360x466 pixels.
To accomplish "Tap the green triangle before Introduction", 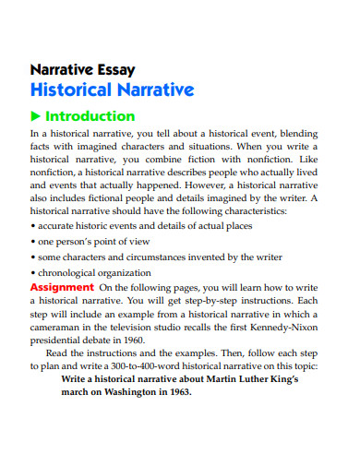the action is click(x=36, y=117).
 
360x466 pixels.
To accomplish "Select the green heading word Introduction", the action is click(x=90, y=117).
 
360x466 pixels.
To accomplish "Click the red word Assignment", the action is click(x=62, y=287).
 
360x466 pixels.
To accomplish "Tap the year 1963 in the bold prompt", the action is click(x=174, y=391).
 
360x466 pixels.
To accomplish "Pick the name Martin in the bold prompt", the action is click(x=207, y=378).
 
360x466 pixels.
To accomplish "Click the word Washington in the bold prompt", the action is click(x=125, y=391).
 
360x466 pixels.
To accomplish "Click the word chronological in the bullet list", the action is click(x=71, y=273).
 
